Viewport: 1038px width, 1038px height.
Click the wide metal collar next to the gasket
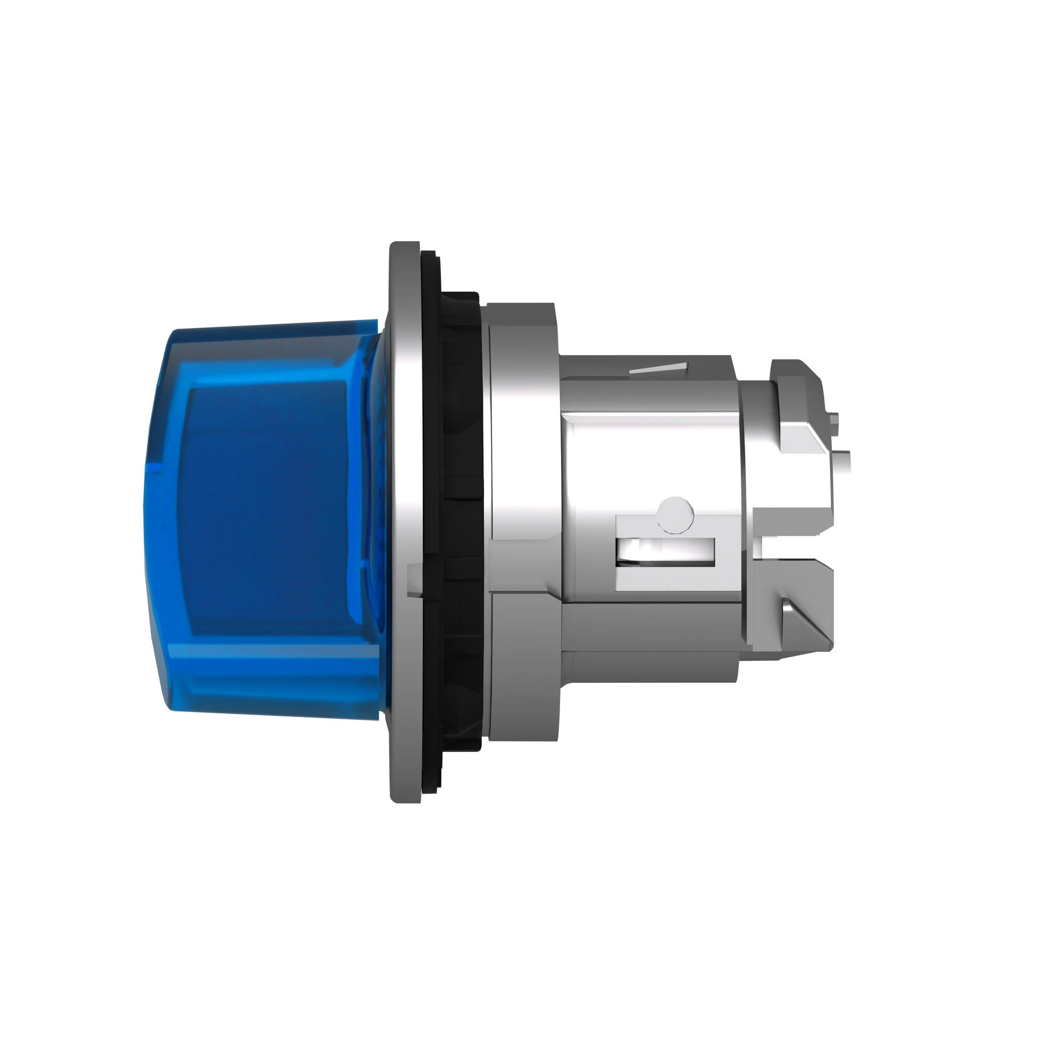pyautogui.click(x=524, y=521)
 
